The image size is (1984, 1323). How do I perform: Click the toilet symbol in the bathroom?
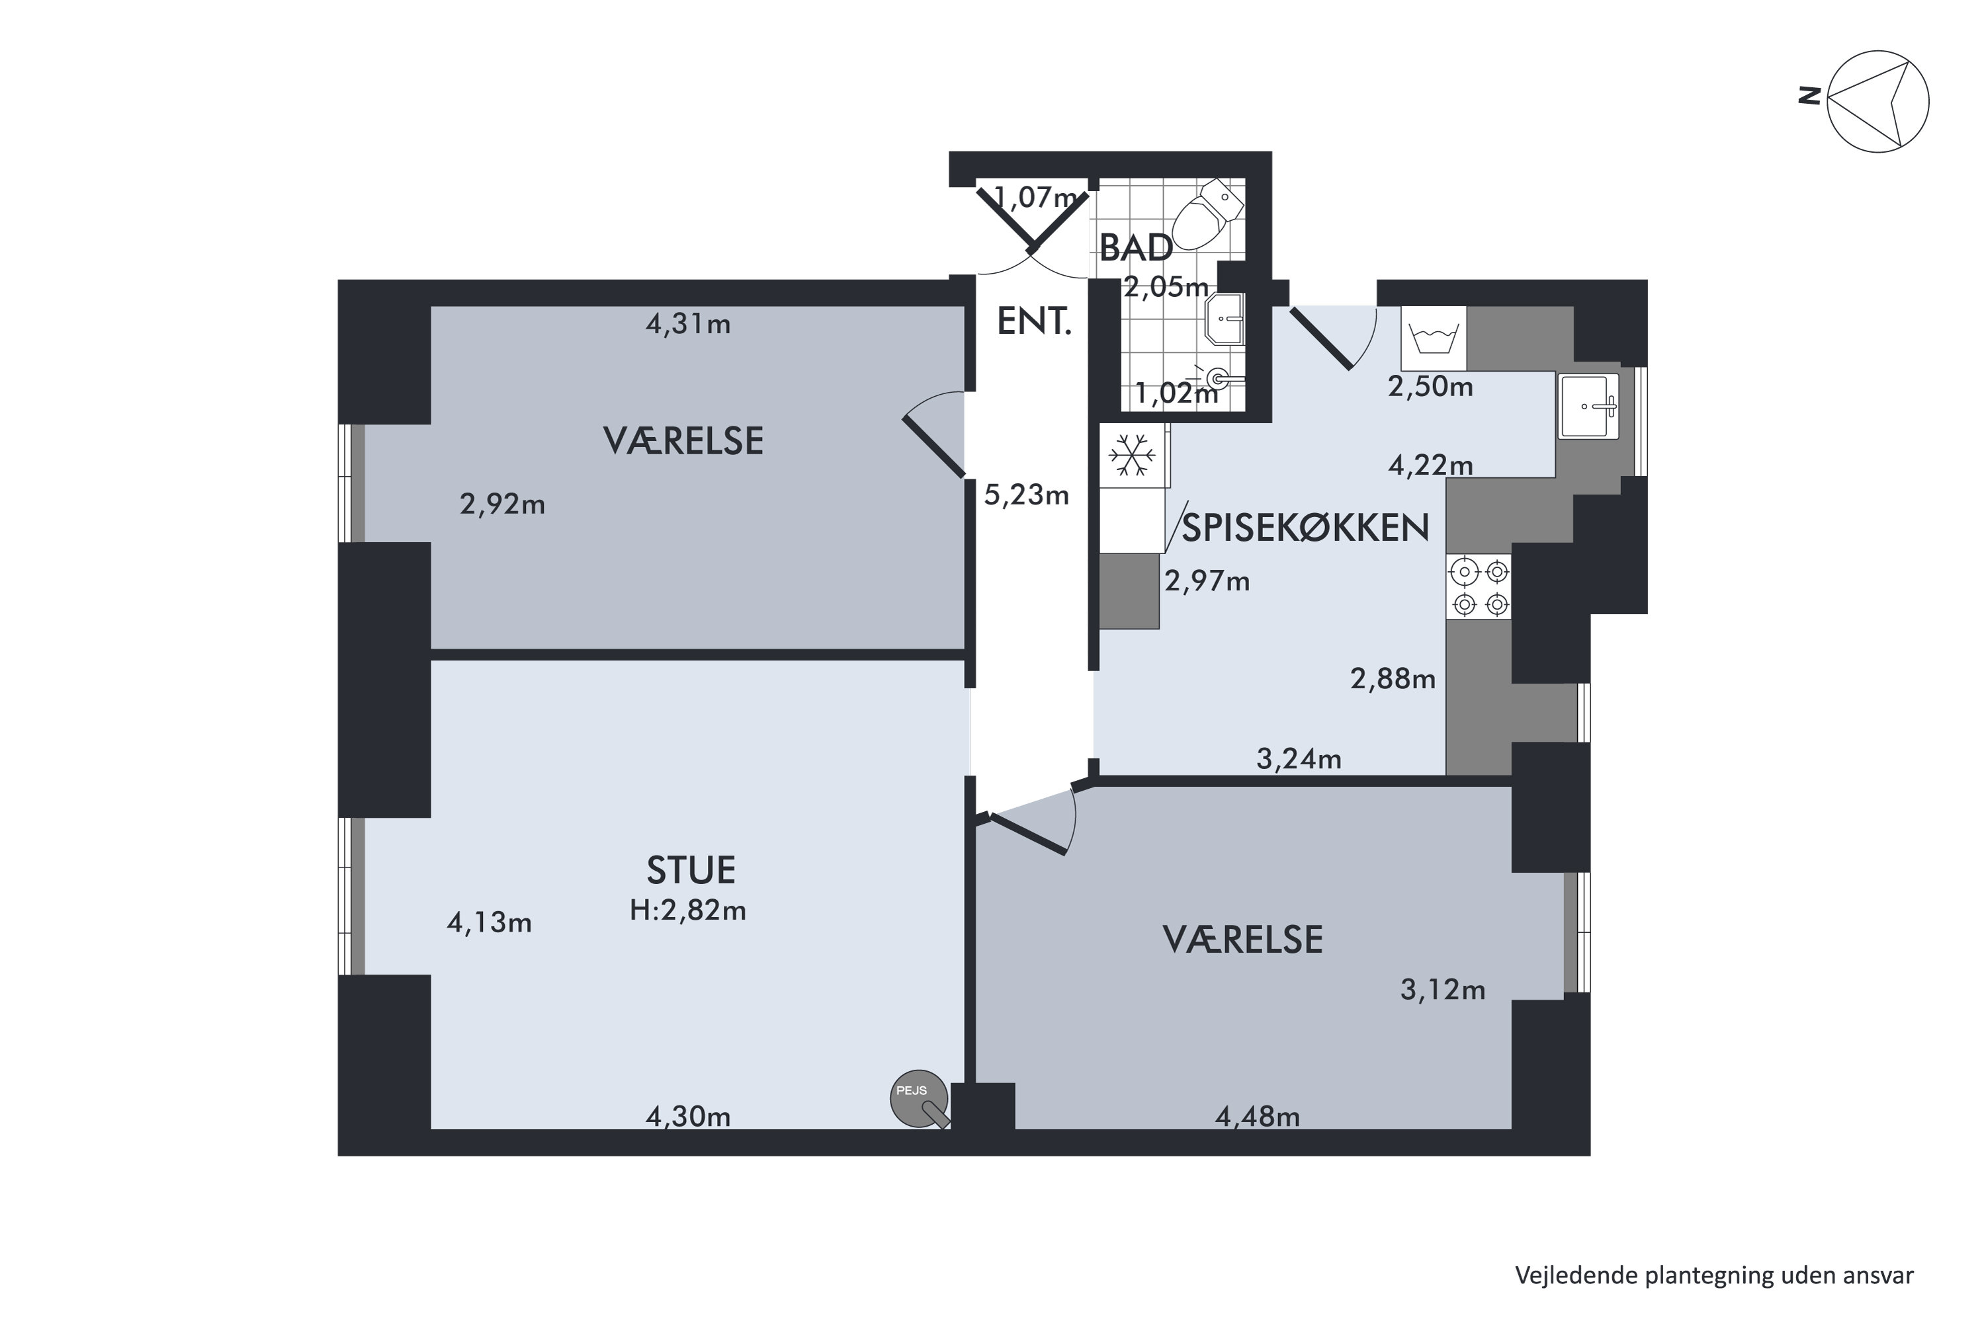[x=1207, y=216]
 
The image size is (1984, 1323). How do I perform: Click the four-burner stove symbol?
[x=1479, y=587]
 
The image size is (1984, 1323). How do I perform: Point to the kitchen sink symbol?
[x=1588, y=407]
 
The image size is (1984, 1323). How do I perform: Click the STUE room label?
[x=691, y=871]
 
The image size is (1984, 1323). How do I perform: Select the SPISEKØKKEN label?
[x=1305, y=528]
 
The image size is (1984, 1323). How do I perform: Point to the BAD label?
[x=1135, y=248]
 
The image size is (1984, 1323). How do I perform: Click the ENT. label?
[x=1033, y=322]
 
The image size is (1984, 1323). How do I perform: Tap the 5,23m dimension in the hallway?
[x=1026, y=495]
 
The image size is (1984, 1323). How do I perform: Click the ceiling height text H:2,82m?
[x=687, y=910]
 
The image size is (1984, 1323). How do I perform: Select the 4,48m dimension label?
[x=1257, y=1117]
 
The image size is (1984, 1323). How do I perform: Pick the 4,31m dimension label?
[x=687, y=324]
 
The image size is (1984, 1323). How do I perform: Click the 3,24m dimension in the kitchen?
[x=1299, y=760]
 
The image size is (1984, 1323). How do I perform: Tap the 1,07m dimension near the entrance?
[x=1035, y=198]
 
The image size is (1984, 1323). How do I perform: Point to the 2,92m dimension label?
[x=501, y=504]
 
